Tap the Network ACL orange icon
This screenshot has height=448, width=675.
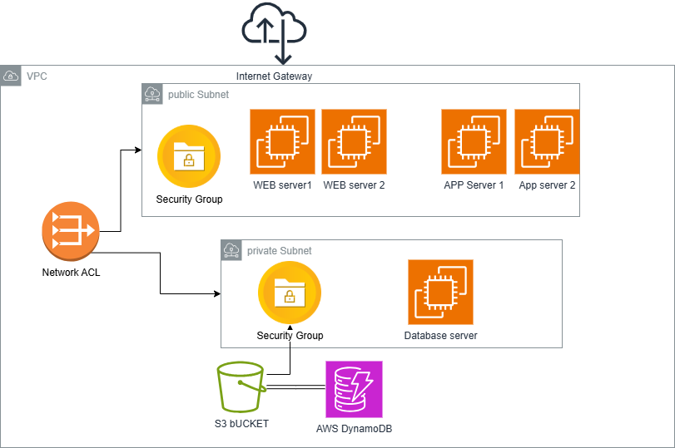[x=71, y=233]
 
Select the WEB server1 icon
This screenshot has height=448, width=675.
[x=282, y=141]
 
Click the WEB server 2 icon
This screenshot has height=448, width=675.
[x=354, y=141]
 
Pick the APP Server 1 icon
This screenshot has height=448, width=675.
[x=474, y=141]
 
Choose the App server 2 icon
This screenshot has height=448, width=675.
[x=547, y=141]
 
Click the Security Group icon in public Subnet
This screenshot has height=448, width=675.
[x=189, y=156]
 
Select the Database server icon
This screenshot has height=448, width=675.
[x=440, y=292]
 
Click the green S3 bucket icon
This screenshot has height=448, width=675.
[x=241, y=386]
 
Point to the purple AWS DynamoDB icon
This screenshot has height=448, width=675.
[x=354, y=389]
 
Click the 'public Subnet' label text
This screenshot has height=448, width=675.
[x=198, y=95]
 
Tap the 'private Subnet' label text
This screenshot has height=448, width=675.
[x=279, y=250]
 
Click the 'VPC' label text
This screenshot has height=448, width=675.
[x=37, y=76]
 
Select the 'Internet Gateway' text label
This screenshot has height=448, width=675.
[x=274, y=76]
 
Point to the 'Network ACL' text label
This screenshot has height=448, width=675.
[x=71, y=272]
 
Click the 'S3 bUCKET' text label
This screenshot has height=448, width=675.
[x=241, y=423]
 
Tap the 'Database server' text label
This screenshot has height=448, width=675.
[x=440, y=336]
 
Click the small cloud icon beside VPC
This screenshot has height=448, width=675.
[x=12, y=76]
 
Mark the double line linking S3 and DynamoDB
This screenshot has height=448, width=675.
[x=295, y=387]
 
